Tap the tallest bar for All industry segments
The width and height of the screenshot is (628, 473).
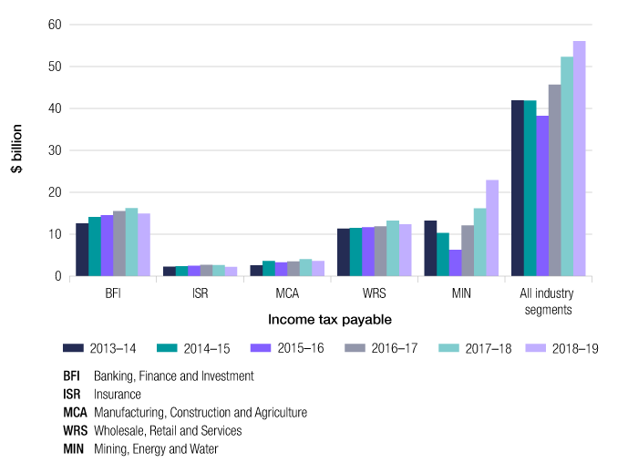pos(579,159)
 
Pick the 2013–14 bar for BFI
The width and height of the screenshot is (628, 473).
pos(82,250)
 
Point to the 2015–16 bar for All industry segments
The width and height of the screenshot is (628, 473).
pos(542,196)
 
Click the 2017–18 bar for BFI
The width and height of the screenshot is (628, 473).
pos(131,242)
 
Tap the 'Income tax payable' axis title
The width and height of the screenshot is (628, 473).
pos(330,320)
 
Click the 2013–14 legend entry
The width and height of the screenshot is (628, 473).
pos(101,347)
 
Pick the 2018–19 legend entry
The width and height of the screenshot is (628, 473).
pos(574,347)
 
